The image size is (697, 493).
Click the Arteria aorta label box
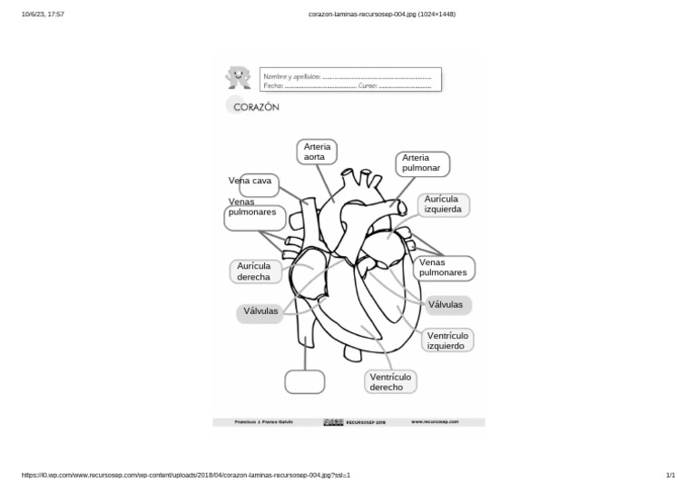(317, 152)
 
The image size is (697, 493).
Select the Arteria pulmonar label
(422, 163)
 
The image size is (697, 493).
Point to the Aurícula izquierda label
(444, 204)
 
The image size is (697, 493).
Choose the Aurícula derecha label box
(254, 271)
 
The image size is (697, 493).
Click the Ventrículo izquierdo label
(447, 340)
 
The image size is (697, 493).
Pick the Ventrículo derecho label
(391, 382)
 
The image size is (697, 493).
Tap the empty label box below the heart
(304, 381)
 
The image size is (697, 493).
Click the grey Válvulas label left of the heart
(260, 312)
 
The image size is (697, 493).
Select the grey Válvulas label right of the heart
(446, 305)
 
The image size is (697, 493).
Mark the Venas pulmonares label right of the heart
(444, 268)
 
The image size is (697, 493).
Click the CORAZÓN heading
(256, 107)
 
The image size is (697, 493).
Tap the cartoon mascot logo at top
(238, 77)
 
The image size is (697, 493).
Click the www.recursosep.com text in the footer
(435, 422)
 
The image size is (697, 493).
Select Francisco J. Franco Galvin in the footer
(264, 422)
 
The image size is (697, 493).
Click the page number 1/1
(670, 475)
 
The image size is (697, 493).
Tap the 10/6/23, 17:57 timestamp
(43, 15)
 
